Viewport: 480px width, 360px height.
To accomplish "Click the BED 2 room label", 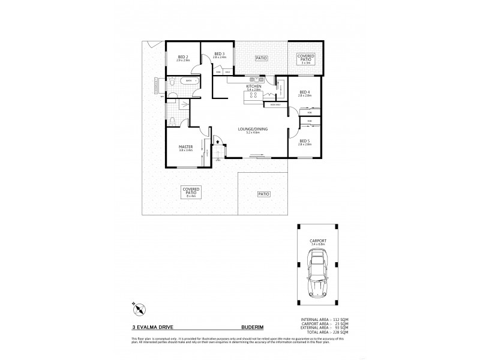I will click(x=183, y=59).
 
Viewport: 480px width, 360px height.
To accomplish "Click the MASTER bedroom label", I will click(x=185, y=148).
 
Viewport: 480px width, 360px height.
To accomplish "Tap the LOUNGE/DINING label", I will click(x=253, y=130).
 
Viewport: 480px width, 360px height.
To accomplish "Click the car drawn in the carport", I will click(x=316, y=273).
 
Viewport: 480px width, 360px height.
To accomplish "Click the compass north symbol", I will click(x=139, y=310).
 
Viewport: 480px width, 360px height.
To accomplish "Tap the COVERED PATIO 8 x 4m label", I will click(x=192, y=191).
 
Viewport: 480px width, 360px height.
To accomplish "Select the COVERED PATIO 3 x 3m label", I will click(x=307, y=58).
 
